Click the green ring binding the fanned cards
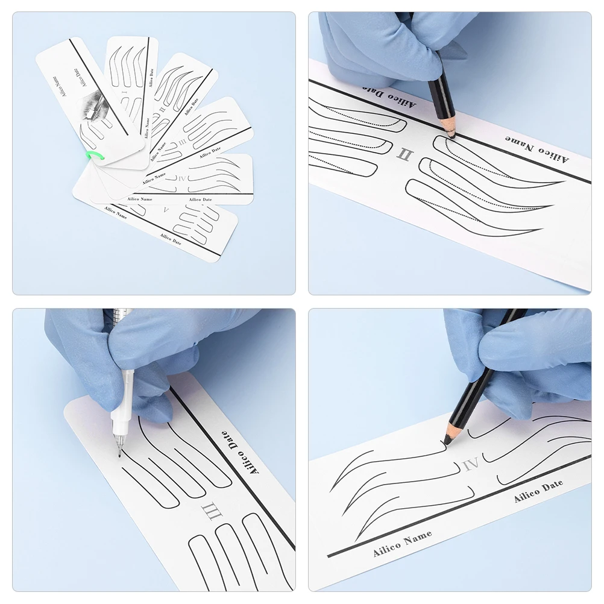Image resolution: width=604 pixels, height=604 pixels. tap(94, 156)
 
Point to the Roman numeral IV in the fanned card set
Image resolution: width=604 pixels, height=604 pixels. tap(183, 178)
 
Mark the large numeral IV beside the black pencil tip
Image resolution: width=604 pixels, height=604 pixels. tap(471, 464)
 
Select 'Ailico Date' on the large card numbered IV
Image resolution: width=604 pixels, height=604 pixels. tap(538, 491)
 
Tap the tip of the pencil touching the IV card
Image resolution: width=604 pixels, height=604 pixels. tap(444, 444)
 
